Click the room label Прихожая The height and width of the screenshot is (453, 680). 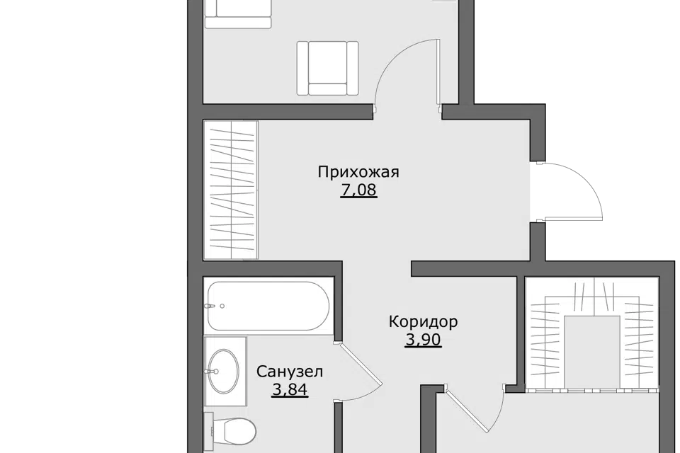pyautogui.click(x=358, y=173)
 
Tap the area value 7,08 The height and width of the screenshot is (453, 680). pyautogui.click(x=359, y=190)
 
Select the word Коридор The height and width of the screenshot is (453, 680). pyautogui.click(x=424, y=322)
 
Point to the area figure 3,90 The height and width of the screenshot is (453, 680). pyautogui.click(x=424, y=340)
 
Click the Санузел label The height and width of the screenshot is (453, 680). pyautogui.click(x=290, y=372)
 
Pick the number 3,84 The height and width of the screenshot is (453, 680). pyautogui.click(x=290, y=389)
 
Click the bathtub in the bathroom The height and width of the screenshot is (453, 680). pyautogui.click(x=268, y=306)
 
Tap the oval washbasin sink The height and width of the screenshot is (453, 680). pyautogui.click(x=223, y=371)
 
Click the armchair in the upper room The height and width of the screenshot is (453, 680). pyautogui.click(x=328, y=68)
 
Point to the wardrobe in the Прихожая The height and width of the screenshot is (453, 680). pyautogui.click(x=231, y=190)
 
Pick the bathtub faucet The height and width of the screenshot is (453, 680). pyautogui.click(x=211, y=306)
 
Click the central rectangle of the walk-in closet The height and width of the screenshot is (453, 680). pyautogui.click(x=586, y=352)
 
